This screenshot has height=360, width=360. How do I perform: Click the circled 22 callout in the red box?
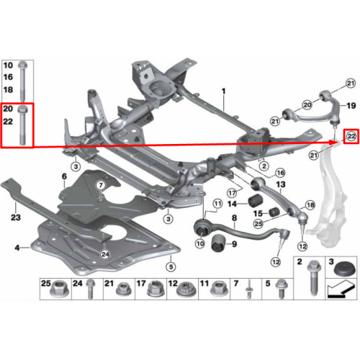(351, 137)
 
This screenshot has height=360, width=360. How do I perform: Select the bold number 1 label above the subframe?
(224, 91)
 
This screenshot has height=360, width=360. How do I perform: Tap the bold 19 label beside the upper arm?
(351, 106)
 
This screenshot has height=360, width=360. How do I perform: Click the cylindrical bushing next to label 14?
(256, 201)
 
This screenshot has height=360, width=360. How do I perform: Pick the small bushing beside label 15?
(274, 211)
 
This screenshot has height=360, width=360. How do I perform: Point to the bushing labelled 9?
(219, 243)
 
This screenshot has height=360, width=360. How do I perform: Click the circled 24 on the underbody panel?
(105, 254)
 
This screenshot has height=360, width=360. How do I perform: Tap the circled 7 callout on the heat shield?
(101, 185)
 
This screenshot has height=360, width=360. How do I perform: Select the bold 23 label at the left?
(16, 217)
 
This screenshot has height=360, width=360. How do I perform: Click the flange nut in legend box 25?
(59, 289)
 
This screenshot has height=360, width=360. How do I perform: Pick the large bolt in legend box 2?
(314, 278)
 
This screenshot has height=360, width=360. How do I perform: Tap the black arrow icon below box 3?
(341, 290)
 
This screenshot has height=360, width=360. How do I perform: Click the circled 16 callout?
(280, 173)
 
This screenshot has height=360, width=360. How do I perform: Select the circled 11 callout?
(217, 204)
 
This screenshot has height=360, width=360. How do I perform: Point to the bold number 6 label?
(64, 176)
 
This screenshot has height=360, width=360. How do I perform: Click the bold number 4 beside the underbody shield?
(17, 248)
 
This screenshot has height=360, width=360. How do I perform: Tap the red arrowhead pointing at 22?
(335, 142)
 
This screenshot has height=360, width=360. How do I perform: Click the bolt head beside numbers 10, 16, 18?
(22, 65)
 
